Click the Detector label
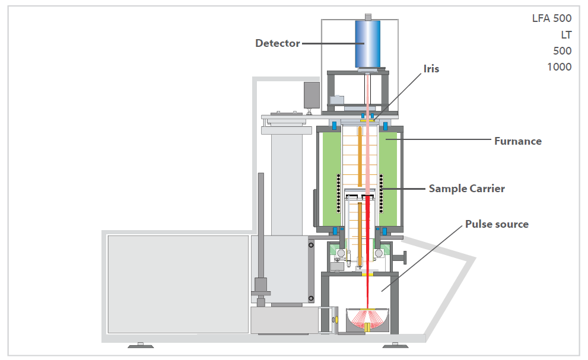click(x=277, y=43)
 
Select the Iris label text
click(x=431, y=69)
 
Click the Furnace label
click(x=517, y=141)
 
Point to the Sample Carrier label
click(x=467, y=189)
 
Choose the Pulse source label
click(x=497, y=224)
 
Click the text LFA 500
click(x=551, y=18)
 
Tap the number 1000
click(x=559, y=67)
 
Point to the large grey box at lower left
click(x=178, y=283)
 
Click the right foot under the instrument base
click(x=392, y=345)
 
